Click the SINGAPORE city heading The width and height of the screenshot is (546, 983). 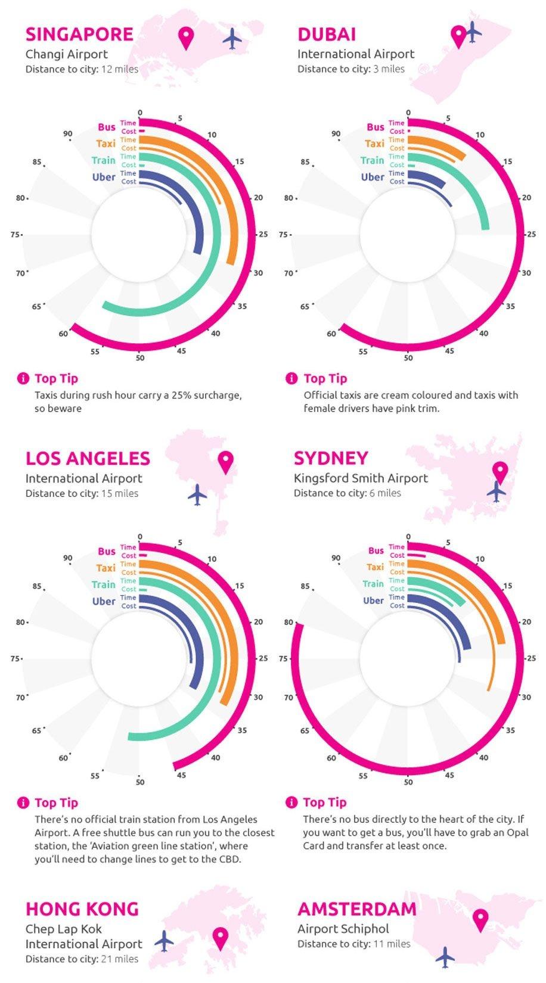[79, 35]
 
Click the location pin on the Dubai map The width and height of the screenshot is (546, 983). [458, 36]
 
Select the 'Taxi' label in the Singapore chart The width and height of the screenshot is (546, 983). [106, 144]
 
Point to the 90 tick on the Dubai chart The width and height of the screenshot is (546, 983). [336, 134]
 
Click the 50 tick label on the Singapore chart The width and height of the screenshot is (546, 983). [140, 358]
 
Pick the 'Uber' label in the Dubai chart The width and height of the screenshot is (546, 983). [373, 177]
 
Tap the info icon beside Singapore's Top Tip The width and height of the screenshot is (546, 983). [23, 378]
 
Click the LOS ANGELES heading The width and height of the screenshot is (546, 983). [88, 459]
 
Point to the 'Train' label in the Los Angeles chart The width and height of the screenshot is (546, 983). [104, 584]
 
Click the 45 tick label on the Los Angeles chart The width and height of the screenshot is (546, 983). [181, 775]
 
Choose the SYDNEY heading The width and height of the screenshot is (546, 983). [331, 458]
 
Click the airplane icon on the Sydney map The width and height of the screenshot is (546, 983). [496, 491]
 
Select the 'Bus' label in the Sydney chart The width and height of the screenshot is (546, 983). [376, 550]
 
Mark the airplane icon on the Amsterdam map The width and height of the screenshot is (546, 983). [445, 957]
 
